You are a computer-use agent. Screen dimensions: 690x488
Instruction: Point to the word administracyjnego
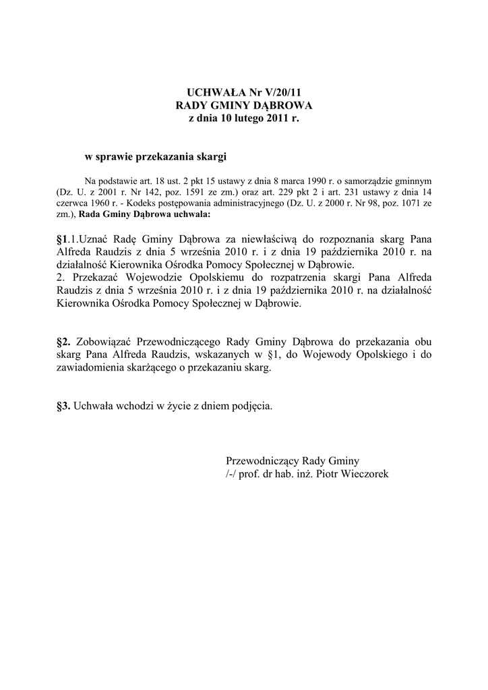tap(247, 203)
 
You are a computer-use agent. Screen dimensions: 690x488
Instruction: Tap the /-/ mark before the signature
tap(233, 474)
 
